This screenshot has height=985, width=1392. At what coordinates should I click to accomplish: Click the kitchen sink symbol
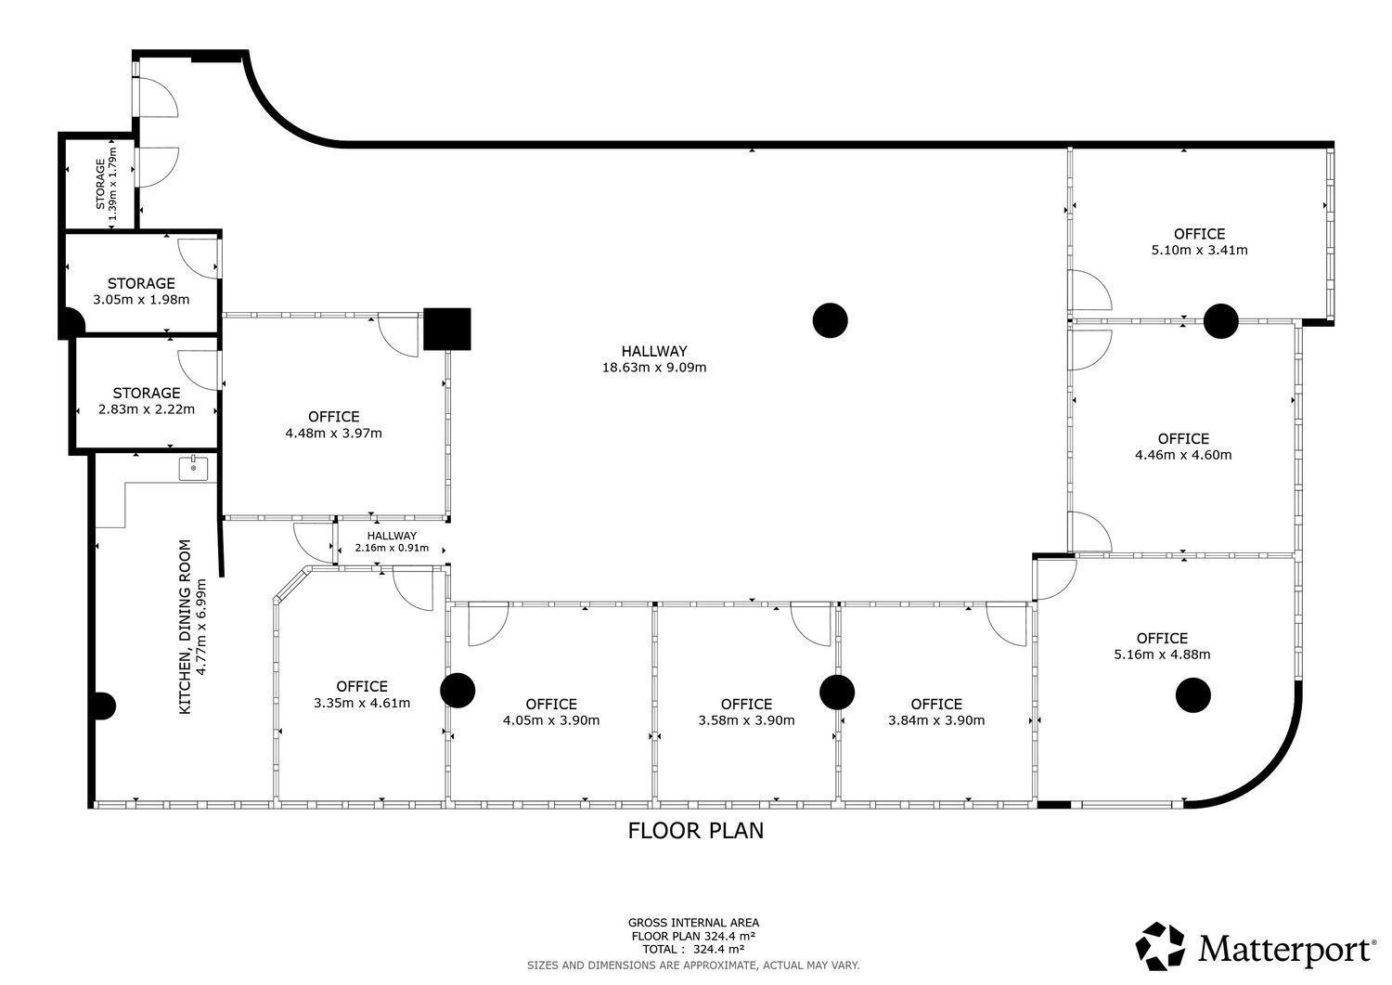[194, 468]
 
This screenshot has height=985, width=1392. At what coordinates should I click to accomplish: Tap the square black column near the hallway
[446, 329]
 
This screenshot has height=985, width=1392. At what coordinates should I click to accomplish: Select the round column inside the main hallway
[831, 320]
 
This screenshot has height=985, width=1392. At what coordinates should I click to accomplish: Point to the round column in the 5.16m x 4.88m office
[1193, 695]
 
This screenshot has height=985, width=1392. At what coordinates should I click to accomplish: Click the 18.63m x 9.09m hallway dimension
[654, 368]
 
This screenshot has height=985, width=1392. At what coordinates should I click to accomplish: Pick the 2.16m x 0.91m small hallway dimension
[392, 548]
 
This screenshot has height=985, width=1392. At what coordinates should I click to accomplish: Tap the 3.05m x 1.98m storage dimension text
[141, 300]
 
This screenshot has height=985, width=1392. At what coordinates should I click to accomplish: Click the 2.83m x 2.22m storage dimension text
[147, 409]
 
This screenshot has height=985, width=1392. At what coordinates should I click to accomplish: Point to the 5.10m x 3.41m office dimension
[1199, 250]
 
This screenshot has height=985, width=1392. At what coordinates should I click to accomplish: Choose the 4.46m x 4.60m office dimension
[1183, 455]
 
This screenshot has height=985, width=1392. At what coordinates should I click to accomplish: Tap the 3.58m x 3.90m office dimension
[746, 720]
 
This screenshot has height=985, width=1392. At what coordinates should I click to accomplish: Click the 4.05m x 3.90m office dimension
[551, 720]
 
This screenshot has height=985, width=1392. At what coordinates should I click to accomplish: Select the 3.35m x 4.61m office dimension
[362, 703]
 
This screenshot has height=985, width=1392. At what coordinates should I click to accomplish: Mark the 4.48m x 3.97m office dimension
[334, 433]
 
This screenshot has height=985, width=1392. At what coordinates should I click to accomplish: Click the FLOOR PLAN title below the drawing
[695, 831]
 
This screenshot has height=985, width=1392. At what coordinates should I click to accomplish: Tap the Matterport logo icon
[1160, 946]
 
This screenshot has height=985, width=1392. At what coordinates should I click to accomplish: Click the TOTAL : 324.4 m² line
[693, 950]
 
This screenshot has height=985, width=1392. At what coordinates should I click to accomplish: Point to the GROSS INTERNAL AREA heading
[693, 923]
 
